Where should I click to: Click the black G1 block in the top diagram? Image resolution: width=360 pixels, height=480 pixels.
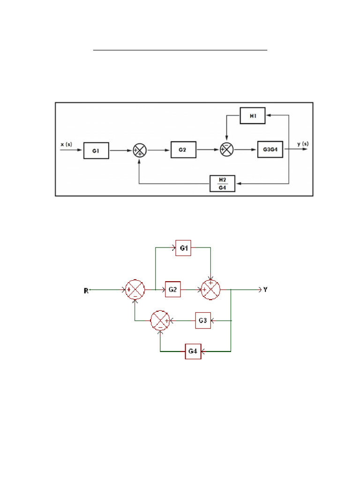96,150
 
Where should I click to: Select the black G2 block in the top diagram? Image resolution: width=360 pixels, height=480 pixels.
183,149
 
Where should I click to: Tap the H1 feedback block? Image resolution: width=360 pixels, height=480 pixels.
253,116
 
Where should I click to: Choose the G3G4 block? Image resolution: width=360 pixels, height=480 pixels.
270,150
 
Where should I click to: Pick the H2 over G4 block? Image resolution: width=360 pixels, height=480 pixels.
223,184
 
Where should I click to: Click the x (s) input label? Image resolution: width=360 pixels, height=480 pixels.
67,144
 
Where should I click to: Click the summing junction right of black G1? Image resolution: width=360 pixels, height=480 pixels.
140,150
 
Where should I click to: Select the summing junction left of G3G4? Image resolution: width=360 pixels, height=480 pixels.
227,150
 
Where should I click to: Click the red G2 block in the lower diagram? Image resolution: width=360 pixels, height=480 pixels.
172,290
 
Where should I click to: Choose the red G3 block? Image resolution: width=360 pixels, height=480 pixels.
203,321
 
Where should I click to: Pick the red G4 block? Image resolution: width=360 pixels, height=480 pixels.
193,351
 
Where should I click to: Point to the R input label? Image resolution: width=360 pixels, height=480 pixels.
86,291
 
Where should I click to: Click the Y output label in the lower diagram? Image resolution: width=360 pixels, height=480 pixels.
266,290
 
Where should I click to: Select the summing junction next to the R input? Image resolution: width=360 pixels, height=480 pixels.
135,290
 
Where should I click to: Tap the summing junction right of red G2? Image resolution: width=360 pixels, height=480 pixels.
210,290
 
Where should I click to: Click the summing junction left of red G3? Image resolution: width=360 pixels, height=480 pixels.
160,321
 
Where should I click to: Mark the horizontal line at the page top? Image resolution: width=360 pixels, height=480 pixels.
180,49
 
